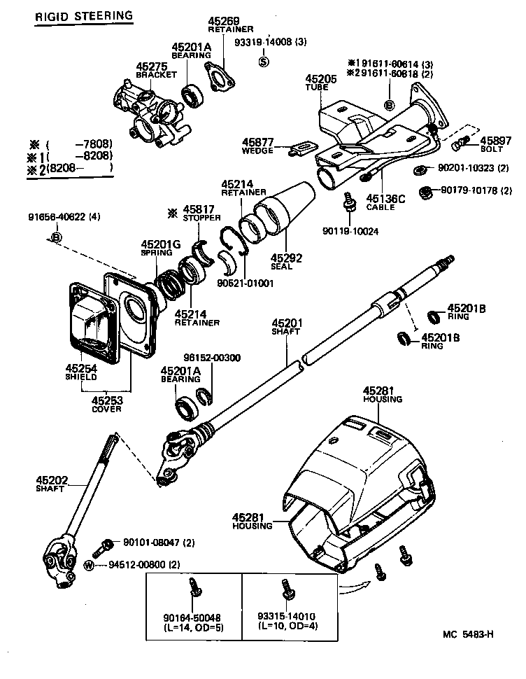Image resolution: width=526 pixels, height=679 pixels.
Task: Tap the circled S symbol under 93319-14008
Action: [264, 60]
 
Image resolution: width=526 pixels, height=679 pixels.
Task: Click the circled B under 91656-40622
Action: [57, 238]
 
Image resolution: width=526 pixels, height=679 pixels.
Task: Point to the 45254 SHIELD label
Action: [81, 371]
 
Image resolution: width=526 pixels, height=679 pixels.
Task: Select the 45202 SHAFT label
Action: [50, 483]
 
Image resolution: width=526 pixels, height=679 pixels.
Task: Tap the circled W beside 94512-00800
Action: [89, 565]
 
